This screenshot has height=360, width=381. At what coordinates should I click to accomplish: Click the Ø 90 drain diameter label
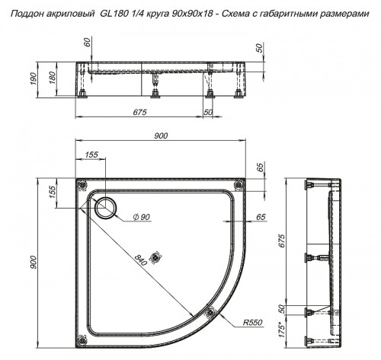(141, 218)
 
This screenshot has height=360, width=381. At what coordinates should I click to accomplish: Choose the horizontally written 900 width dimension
(161, 135)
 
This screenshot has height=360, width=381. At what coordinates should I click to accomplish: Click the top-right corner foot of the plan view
(239, 184)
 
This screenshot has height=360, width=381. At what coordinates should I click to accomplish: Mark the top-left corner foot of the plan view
(82, 184)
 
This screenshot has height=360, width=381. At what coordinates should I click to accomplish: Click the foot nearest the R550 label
(213, 310)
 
